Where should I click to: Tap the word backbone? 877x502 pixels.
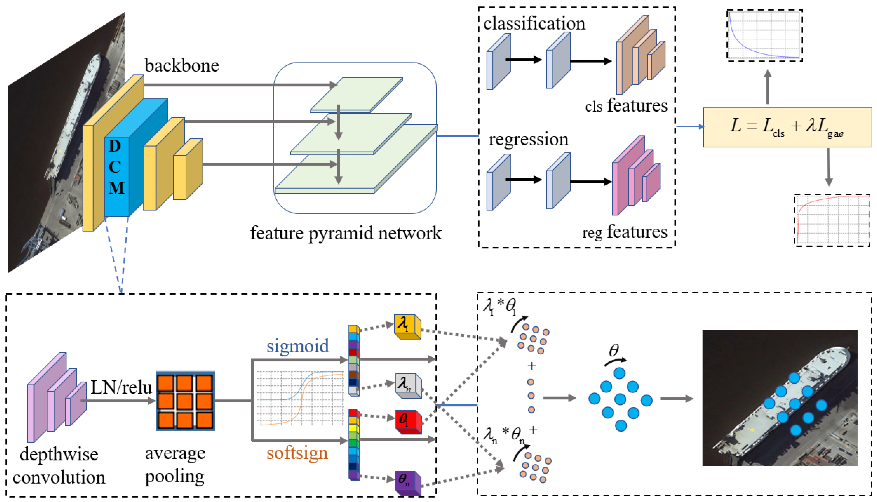click(182, 66)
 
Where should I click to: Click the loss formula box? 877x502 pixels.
click(787, 127)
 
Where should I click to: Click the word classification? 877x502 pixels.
click(534, 23)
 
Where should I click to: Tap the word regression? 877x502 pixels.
click(528, 140)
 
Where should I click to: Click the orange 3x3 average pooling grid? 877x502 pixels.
click(185, 401)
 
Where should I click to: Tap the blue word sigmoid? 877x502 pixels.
click(298, 346)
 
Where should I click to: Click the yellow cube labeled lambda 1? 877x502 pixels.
click(407, 326)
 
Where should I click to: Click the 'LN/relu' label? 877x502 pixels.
click(121, 388)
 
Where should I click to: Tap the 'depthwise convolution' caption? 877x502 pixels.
click(59, 466)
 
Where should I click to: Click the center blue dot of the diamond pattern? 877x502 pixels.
click(620, 399)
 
